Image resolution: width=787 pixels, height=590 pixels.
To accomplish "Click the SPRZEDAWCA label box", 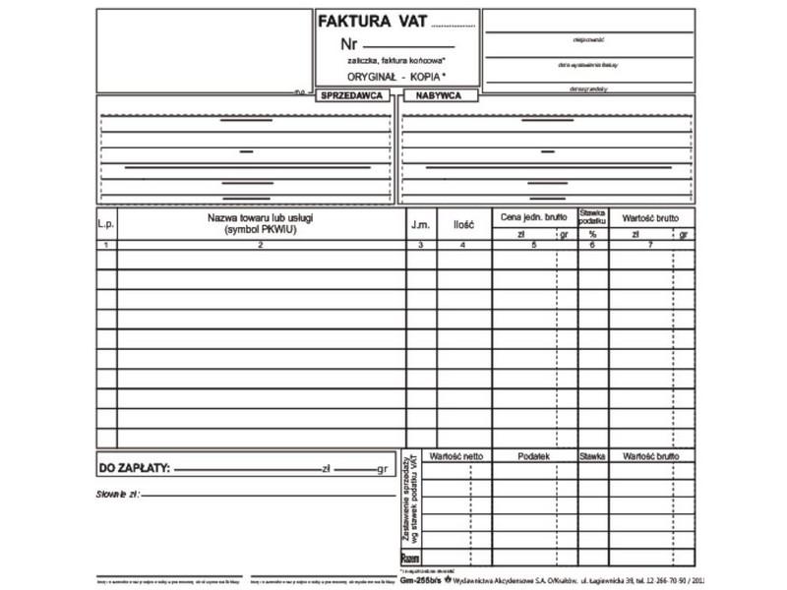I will [352, 95].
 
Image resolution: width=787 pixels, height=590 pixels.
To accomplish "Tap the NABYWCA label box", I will [440, 95].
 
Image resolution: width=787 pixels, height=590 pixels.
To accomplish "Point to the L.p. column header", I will [106, 224].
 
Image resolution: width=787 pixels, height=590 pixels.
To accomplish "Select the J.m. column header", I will [420, 224].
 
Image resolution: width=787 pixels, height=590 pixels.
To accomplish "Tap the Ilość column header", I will [463, 224].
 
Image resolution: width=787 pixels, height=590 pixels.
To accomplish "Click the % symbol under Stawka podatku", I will [592, 234].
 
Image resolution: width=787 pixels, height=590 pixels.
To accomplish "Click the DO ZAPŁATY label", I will [134, 468].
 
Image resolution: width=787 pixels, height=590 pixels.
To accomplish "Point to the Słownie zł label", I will [118, 493].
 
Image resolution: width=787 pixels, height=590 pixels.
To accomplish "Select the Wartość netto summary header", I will [456, 456].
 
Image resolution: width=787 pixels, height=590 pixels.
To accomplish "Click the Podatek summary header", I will [533, 456].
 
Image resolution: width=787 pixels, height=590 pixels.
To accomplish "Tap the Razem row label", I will [411, 558].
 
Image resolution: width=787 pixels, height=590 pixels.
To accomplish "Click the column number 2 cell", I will [261, 245].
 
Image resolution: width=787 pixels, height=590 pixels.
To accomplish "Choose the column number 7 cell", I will [650, 245].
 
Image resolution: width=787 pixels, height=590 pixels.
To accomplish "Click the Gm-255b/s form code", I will [421, 580].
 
